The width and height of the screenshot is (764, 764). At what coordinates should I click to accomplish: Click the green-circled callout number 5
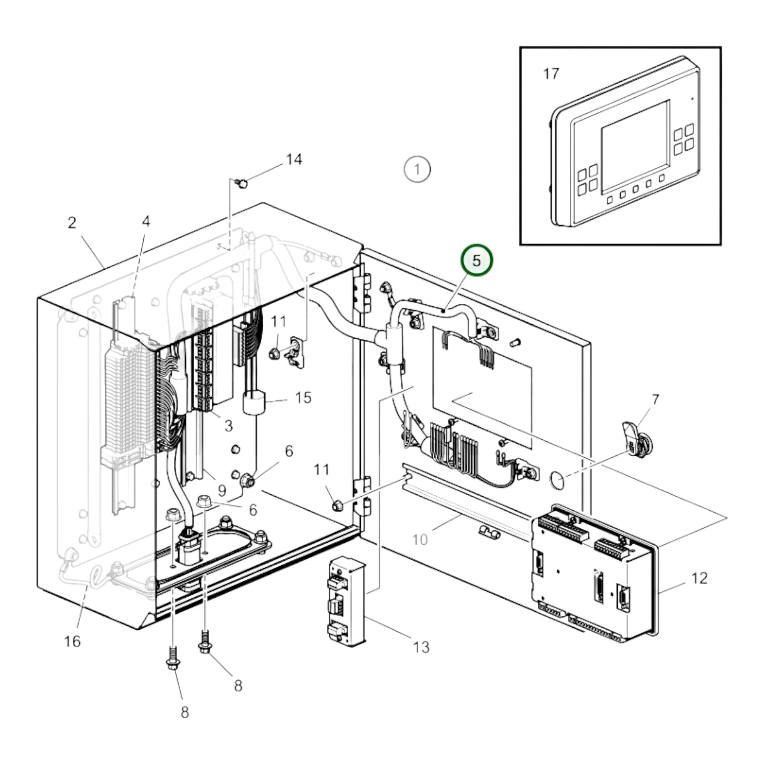(477, 260)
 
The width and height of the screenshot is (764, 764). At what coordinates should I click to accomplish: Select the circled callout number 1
(417, 170)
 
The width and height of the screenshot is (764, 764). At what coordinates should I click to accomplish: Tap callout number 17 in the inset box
(551, 73)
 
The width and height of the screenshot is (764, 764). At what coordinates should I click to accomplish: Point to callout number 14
(294, 159)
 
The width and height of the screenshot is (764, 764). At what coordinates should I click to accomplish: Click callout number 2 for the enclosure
(71, 223)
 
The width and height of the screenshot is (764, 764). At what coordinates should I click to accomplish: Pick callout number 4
(146, 221)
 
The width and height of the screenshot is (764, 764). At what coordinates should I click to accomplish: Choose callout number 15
(303, 397)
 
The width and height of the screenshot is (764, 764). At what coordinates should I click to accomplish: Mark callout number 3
(228, 426)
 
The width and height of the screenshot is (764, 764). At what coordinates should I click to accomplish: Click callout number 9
(222, 491)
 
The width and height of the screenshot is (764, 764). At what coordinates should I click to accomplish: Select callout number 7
(656, 399)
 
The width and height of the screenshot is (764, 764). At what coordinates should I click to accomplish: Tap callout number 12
(699, 578)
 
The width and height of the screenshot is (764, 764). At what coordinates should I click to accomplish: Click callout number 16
(72, 642)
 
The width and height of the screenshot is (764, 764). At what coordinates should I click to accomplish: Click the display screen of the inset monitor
(636, 142)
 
